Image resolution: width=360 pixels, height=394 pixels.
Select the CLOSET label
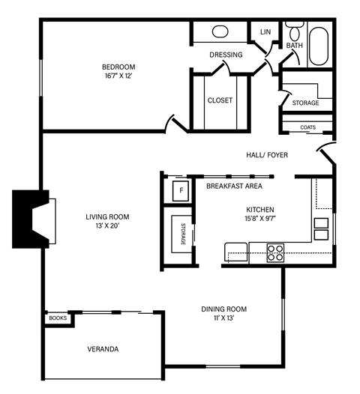click(x=220, y=100)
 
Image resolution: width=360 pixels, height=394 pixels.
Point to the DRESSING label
click(x=226, y=55)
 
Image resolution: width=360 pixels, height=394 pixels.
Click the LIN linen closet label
click(x=265, y=32)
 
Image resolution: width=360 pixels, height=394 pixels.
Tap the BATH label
click(x=294, y=46)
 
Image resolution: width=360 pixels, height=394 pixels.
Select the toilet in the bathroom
click(x=293, y=32)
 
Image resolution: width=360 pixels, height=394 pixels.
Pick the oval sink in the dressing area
click(x=220, y=32)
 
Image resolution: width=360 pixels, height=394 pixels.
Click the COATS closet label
click(x=307, y=127)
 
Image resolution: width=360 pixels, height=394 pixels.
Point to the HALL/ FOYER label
click(x=267, y=155)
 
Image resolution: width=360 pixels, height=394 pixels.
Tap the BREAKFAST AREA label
click(x=233, y=186)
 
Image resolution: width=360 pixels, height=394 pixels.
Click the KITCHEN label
click(x=260, y=210)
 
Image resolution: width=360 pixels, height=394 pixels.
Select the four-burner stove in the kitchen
click(x=276, y=251)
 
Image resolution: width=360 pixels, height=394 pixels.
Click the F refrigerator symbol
click(x=181, y=190)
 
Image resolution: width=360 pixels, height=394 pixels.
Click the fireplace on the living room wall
click(x=31, y=219)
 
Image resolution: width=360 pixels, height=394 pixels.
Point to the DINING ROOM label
click(x=223, y=309)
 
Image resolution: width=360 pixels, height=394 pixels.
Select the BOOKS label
click(x=58, y=318)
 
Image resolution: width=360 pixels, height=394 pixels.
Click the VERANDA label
click(x=102, y=349)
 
